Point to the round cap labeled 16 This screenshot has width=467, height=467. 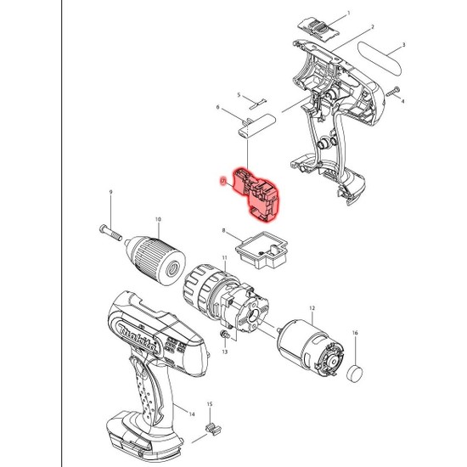356,371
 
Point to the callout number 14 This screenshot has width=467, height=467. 192,415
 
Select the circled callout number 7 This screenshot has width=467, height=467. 222,180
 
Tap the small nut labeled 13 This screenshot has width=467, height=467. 224,338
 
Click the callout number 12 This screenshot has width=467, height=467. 312,308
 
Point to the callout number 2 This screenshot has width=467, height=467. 372,28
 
